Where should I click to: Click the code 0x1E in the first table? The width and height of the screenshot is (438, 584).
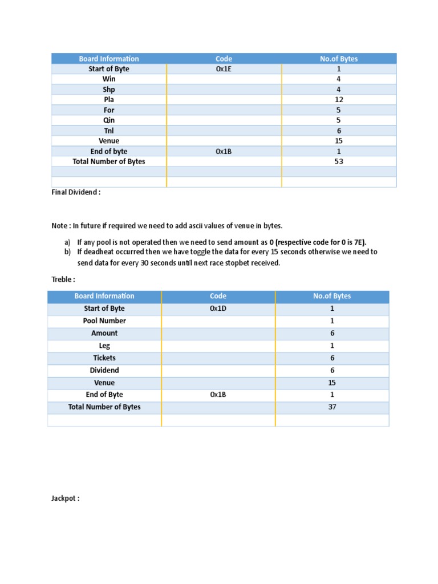(224, 69)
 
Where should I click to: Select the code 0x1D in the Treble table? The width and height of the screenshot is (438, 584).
(218, 309)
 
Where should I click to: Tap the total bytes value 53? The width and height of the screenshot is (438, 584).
(339, 161)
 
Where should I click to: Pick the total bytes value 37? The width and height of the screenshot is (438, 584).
(332, 407)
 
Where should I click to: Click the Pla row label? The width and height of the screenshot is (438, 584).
(108, 100)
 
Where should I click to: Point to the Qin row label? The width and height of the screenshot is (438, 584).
(108, 120)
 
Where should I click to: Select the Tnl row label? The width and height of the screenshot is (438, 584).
(108, 131)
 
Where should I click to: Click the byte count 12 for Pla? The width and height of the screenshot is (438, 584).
(339, 100)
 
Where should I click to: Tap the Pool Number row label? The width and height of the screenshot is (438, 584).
(104, 321)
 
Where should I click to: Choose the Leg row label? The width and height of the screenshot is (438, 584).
(104, 346)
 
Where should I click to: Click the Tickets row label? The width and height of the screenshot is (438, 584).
(104, 358)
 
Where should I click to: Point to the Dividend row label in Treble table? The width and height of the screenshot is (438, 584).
(104, 371)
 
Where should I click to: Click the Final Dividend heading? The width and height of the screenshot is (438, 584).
(76, 192)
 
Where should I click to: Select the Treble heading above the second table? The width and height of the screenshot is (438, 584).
(63, 279)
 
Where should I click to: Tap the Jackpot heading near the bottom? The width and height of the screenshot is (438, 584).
(65, 498)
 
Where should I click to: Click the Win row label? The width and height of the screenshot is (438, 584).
(108, 79)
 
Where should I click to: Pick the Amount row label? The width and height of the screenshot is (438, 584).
(104, 334)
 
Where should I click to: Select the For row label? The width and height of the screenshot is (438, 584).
(108, 110)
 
